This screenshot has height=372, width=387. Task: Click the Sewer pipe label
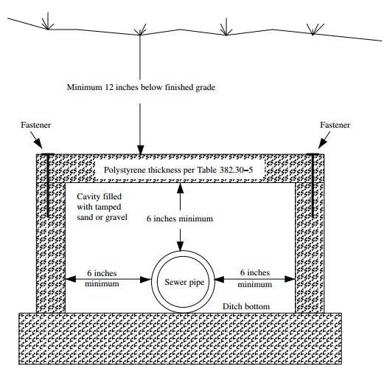point(181,283)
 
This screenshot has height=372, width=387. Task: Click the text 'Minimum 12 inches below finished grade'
point(140,88)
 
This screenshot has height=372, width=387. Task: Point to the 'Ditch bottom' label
point(247,306)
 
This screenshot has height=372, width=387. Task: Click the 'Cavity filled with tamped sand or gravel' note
point(102,207)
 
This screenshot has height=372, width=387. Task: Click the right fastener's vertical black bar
point(313,185)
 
